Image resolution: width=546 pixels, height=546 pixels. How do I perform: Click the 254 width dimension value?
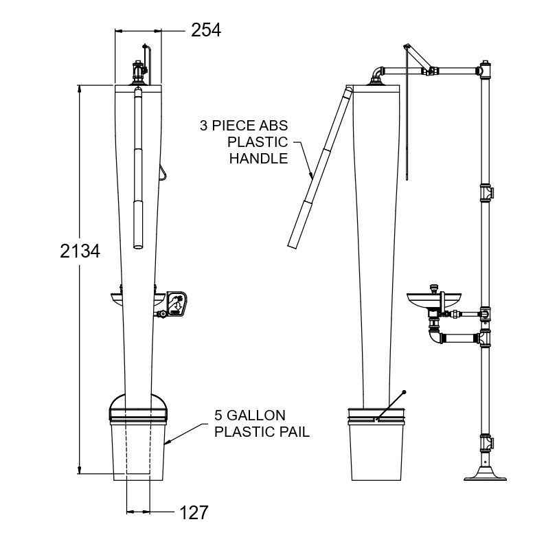pos(206,30)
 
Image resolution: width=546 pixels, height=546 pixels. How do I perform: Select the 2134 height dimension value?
pos(80,251)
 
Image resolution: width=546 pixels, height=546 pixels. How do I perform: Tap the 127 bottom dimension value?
pos(194,512)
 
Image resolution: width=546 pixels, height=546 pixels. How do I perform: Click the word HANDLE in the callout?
pos(259,159)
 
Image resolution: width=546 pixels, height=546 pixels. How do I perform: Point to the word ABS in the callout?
pos(274,126)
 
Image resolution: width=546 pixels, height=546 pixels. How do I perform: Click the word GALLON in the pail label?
pos(257,415)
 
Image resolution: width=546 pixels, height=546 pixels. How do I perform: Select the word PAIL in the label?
pos(295,432)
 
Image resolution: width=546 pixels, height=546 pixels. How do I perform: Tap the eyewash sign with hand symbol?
pos(177,304)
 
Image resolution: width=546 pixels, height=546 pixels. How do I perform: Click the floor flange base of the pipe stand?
pos(485,475)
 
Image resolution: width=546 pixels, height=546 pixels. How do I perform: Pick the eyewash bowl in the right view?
pos(434,300)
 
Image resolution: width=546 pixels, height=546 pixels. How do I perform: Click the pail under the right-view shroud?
pos(376,444)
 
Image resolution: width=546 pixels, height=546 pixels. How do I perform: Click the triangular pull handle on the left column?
pos(163,172)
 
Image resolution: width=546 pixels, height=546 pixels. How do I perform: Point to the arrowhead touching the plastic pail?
pos(166,442)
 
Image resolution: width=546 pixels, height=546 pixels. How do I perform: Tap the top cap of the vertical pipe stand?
pos(485,64)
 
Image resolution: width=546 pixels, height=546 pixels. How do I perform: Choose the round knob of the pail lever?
pos(404,392)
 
